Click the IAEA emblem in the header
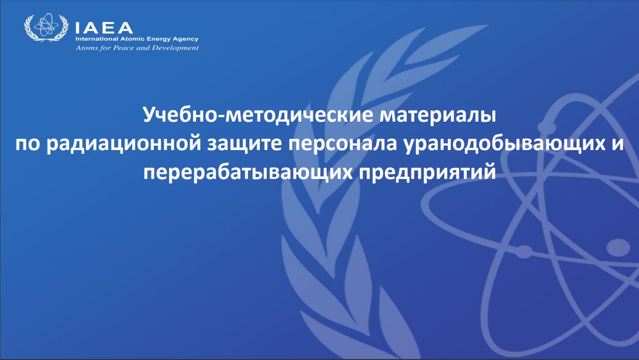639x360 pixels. (46, 27)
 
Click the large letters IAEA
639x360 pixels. (104, 28)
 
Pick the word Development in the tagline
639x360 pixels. (175, 48)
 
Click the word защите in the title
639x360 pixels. (245, 145)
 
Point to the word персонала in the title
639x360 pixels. (343, 145)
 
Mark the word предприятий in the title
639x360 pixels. (427, 173)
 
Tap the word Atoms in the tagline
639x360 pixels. (84, 47)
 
